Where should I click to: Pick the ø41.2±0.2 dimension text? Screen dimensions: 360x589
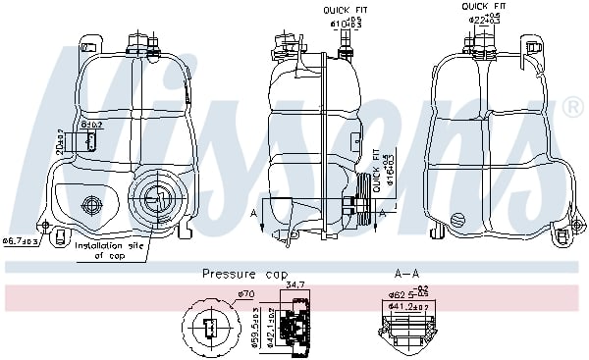405,306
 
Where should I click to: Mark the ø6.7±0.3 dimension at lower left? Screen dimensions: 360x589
21,239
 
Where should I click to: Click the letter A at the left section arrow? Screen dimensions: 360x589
254,213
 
